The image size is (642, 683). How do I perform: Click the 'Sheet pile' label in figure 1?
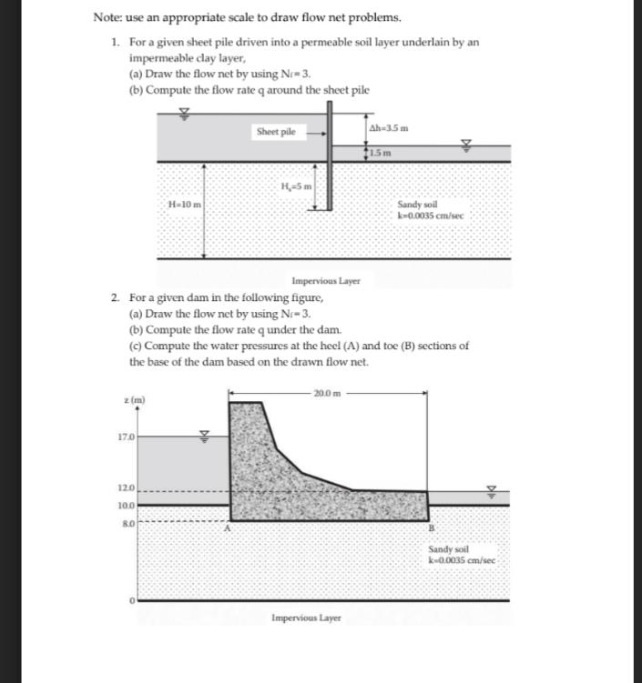pos(276,132)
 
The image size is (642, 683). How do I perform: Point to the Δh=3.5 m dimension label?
pos(388,127)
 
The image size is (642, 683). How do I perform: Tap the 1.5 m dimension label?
pos(381,152)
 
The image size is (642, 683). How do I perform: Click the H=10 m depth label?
pos(185,205)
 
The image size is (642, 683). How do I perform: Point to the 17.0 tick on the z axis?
pos(127,437)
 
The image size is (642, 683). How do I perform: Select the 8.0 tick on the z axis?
pos(127,523)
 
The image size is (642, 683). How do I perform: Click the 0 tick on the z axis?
pos(131,601)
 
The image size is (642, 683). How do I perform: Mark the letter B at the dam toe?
pos(431,529)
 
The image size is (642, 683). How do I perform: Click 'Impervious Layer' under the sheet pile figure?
pos(326,281)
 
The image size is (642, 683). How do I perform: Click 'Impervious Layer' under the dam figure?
pos(306,618)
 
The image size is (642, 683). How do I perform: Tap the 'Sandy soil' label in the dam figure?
pos(448,550)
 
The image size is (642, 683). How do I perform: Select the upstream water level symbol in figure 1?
pos(185,114)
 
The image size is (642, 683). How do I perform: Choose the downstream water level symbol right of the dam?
pos(492,491)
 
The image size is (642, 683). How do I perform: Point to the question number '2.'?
pos(116,297)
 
